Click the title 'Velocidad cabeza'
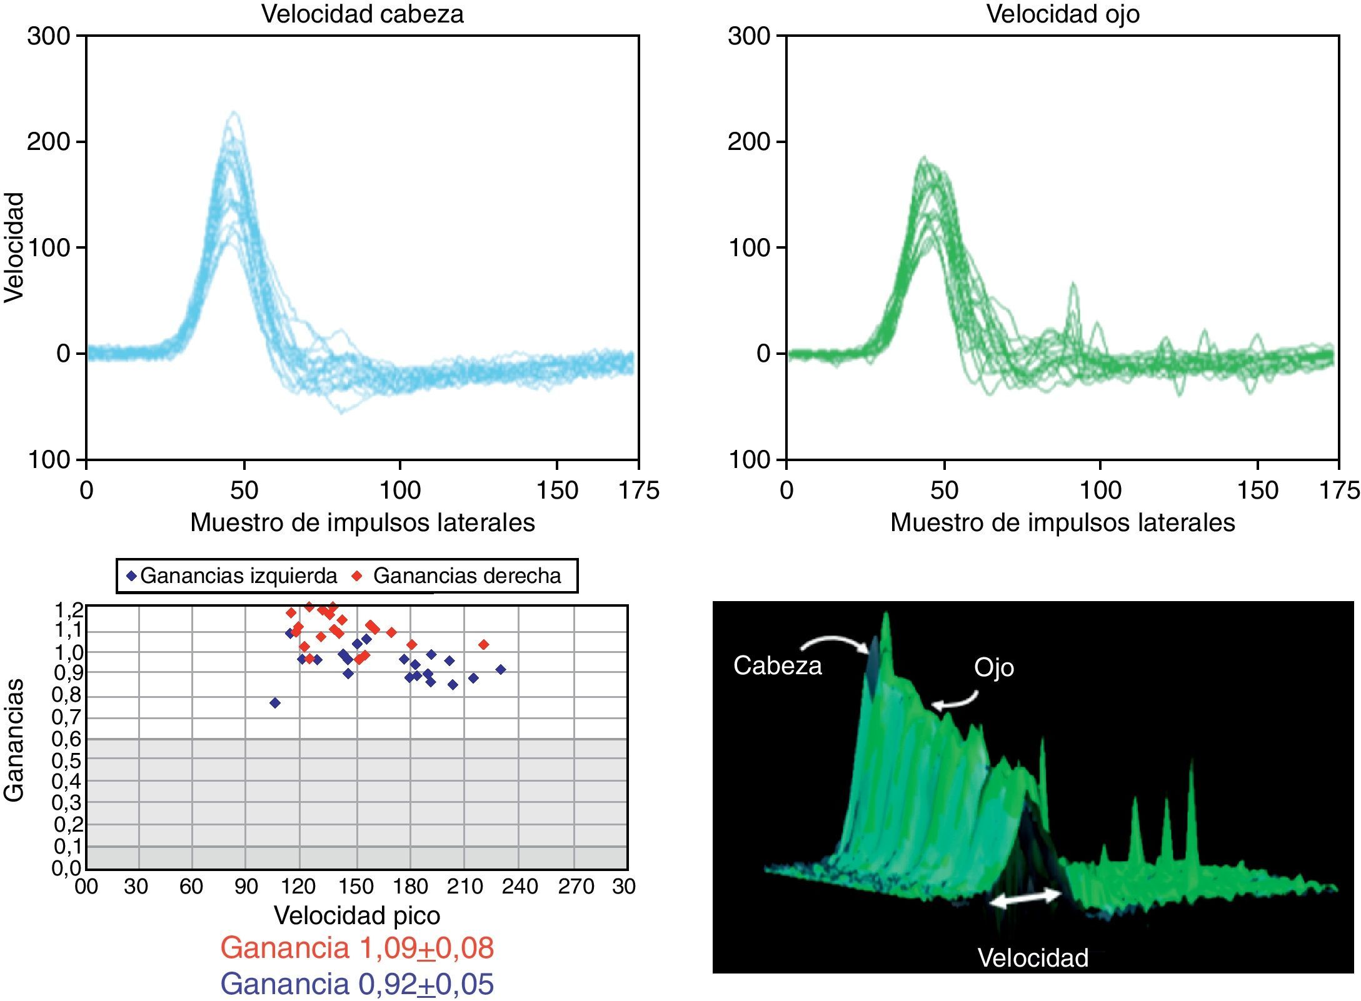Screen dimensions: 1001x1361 point(362,14)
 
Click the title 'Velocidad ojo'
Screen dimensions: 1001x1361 point(1062,14)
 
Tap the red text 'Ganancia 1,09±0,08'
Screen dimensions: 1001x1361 point(357,948)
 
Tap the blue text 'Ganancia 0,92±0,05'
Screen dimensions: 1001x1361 point(357,984)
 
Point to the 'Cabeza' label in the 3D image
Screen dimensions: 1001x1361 point(777,665)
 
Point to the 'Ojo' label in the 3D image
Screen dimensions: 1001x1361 point(993,667)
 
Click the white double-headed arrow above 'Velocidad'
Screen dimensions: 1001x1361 point(1025,898)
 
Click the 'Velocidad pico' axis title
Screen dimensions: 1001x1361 point(357,915)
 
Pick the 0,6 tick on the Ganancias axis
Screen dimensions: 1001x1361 point(67,739)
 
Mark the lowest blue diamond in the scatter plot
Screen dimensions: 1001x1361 point(275,703)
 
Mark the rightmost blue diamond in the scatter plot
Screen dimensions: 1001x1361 point(500,669)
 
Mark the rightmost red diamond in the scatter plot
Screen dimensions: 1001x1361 point(483,644)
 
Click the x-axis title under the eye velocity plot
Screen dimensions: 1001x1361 point(1062,522)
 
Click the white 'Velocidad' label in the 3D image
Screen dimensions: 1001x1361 point(1033,957)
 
